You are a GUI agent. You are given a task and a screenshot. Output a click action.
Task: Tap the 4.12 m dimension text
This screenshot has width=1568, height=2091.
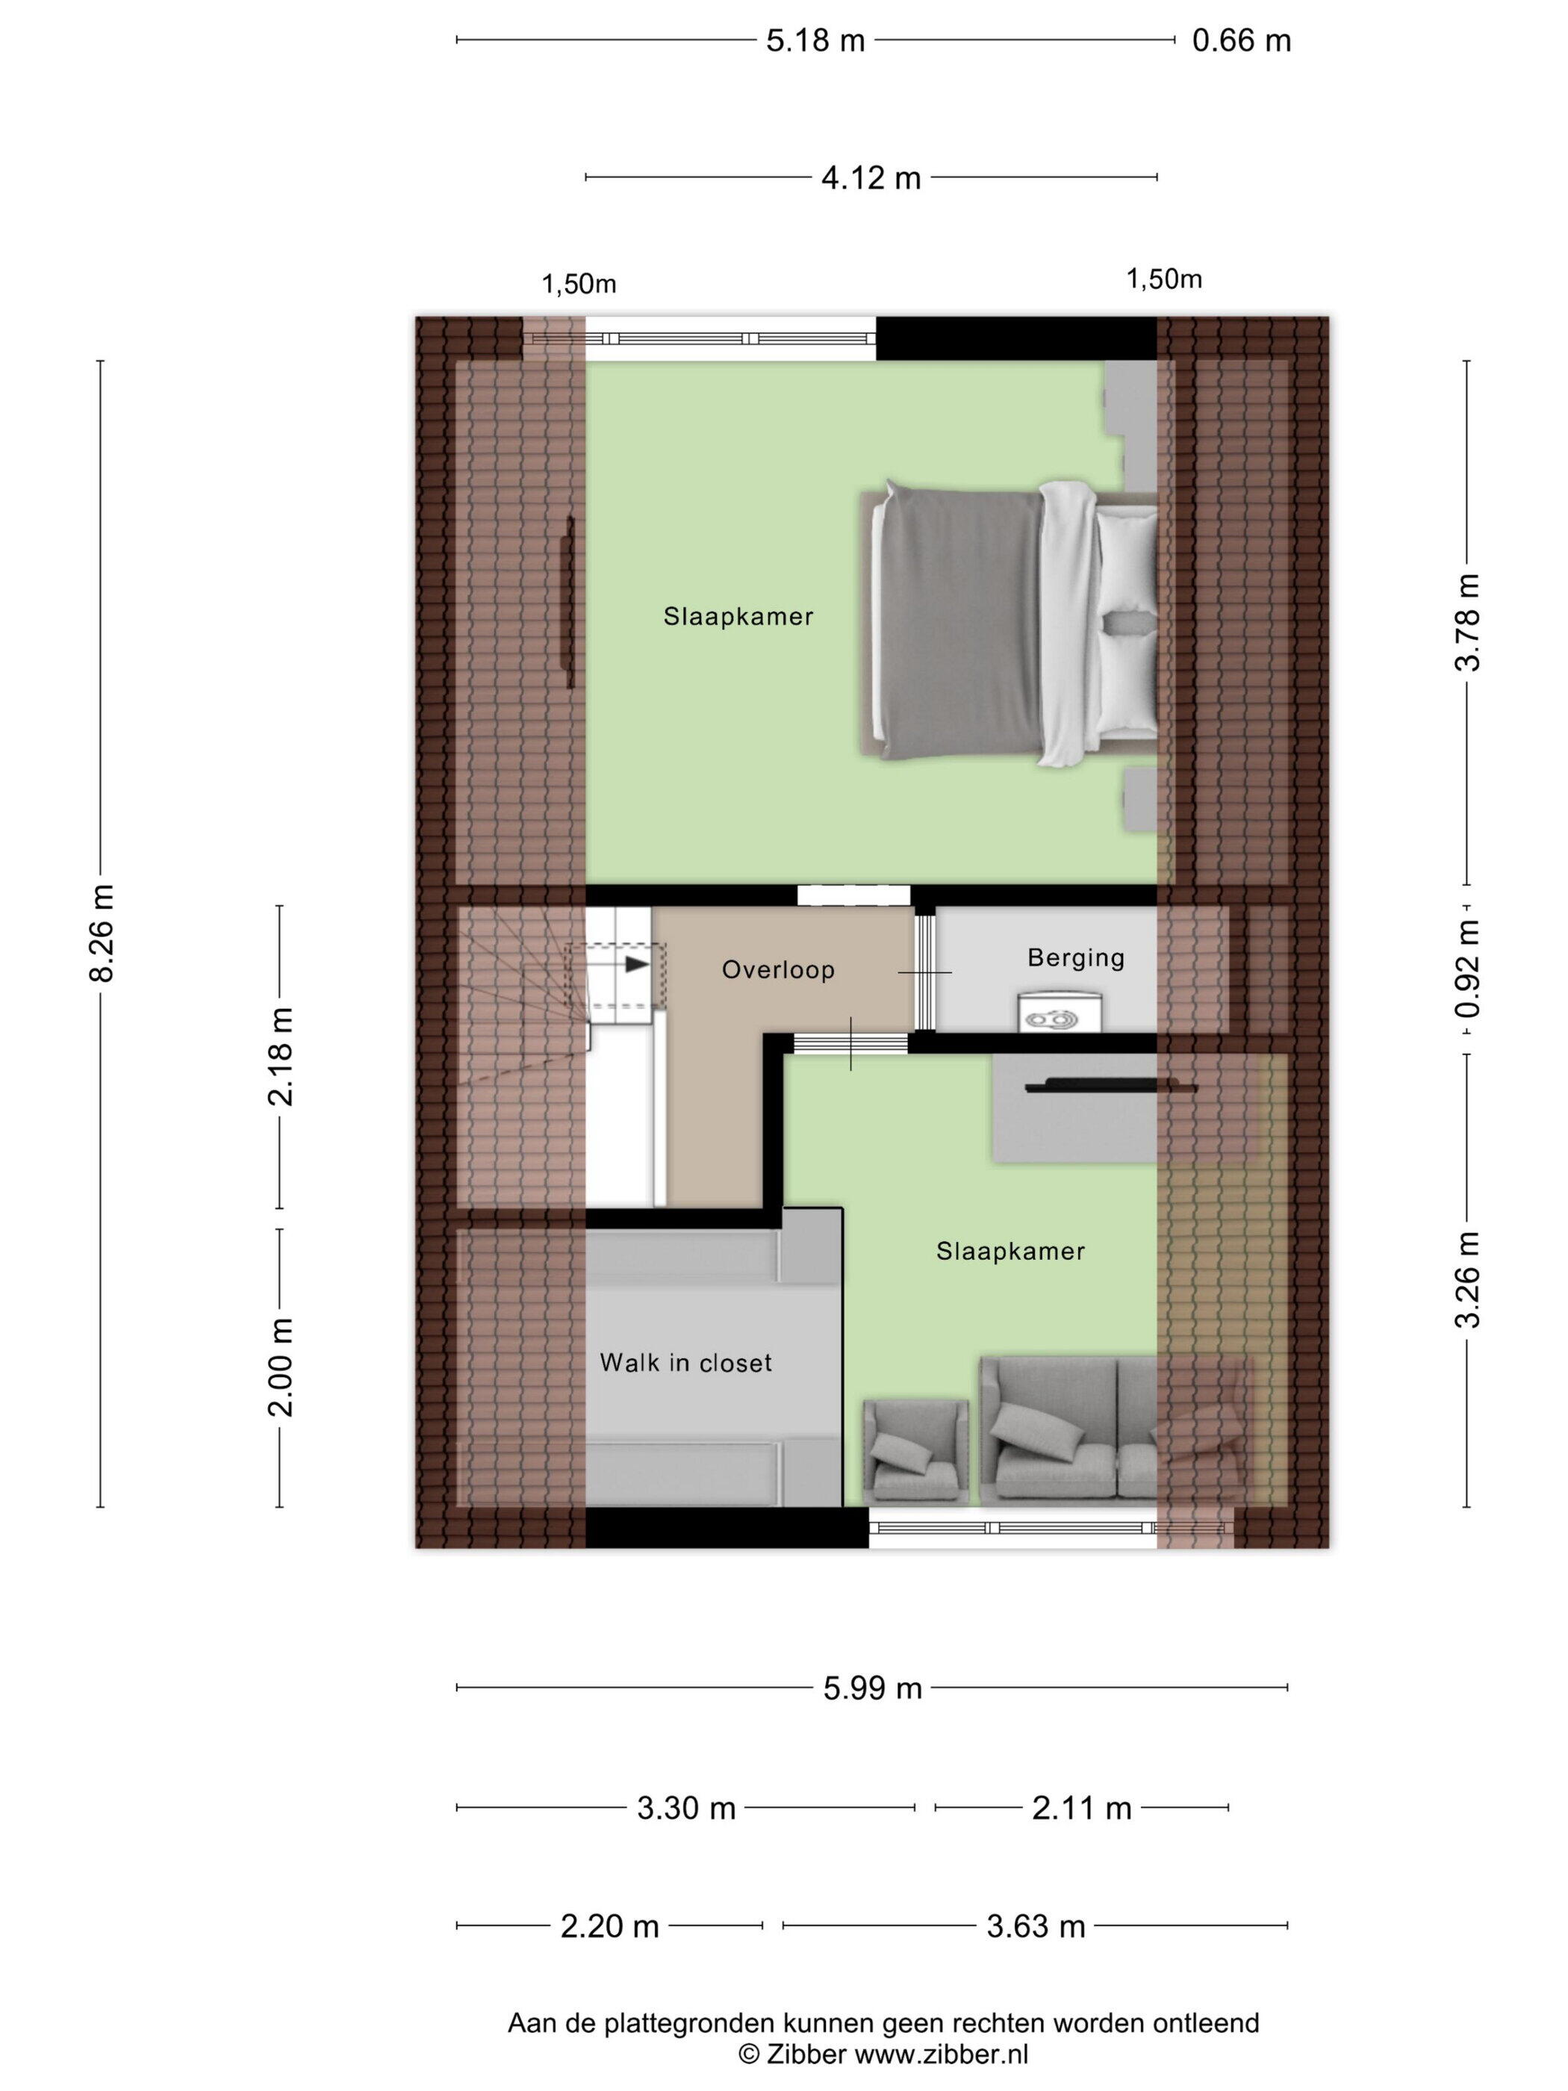click(871, 178)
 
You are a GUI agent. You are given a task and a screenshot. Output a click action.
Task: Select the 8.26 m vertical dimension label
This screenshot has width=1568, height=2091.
click(101, 932)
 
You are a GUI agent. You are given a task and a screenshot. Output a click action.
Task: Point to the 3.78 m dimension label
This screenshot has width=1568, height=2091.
click(1467, 622)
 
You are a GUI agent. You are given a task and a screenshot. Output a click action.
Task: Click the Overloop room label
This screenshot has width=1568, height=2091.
click(778, 970)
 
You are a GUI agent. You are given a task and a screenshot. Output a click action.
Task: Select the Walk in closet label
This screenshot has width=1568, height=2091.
click(685, 1362)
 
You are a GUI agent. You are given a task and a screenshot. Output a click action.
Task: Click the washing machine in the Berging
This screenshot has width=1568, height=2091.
click(1059, 1010)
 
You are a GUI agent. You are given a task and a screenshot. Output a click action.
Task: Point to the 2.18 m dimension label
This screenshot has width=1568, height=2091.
click(281, 1056)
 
